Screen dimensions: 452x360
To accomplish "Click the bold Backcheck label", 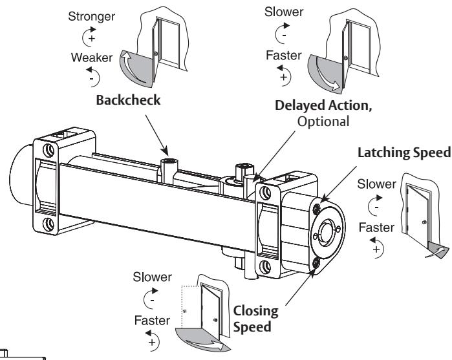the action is pyautogui.click(x=128, y=100).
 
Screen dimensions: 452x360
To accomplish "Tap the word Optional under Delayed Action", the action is pyautogui.click(x=323, y=122).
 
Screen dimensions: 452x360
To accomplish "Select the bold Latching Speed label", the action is pyautogui.click(x=404, y=153).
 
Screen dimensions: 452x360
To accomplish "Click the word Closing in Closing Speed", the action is pyautogui.click(x=255, y=311).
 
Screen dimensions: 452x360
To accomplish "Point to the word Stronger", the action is pyautogui.click(x=91, y=16).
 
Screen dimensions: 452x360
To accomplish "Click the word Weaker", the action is pyautogui.click(x=92, y=58).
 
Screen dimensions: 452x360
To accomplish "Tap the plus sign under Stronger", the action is pyautogui.click(x=92, y=38).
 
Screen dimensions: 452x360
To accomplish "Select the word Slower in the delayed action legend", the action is pyautogui.click(x=284, y=12).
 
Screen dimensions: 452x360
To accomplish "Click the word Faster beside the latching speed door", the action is pyautogui.click(x=376, y=228).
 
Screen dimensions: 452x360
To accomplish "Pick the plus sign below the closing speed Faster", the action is pyautogui.click(x=152, y=342).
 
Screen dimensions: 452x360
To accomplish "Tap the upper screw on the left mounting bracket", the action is pyautogui.click(x=48, y=150).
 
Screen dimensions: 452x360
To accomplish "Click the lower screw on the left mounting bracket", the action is pyautogui.click(x=48, y=224).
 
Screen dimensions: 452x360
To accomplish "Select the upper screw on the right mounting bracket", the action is pyautogui.click(x=265, y=193).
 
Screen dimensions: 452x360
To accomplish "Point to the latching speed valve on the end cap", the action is pyautogui.click(x=316, y=208).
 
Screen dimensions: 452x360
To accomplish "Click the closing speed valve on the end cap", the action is pyautogui.click(x=316, y=263).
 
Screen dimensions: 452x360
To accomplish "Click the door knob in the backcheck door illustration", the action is pyautogui.click(x=156, y=54).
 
